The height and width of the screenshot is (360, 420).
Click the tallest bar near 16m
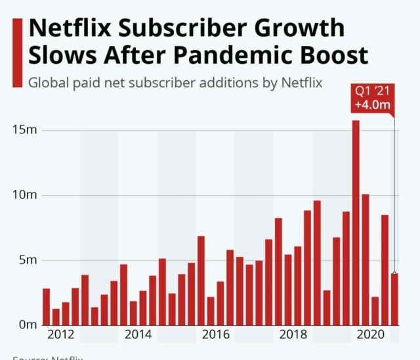pos(356,223)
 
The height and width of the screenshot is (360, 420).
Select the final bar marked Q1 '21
pos(394,299)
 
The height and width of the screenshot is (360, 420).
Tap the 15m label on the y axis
pos(25,130)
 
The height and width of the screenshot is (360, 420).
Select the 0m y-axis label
pos(28,325)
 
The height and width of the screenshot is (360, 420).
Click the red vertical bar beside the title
pos(18,53)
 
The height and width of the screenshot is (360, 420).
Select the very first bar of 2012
pos(46,307)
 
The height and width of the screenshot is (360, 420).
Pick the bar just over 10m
pos(366,259)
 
